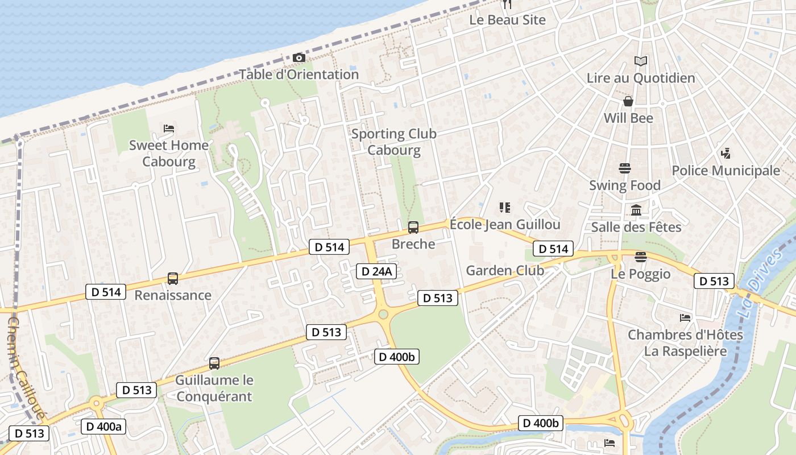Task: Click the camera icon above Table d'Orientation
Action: pyautogui.click(x=298, y=57)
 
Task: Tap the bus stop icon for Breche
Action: pyautogui.click(x=413, y=227)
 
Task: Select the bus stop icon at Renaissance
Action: pyautogui.click(x=173, y=279)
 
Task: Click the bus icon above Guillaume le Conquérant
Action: pyautogui.click(x=214, y=363)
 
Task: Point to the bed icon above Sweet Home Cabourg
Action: pyautogui.click(x=169, y=129)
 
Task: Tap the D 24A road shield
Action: pyautogui.click(x=376, y=271)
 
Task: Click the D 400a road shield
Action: pyautogui.click(x=103, y=427)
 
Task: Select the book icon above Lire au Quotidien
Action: pyautogui.click(x=641, y=61)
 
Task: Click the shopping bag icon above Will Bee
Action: pyautogui.click(x=628, y=101)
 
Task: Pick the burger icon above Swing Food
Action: pyautogui.click(x=625, y=168)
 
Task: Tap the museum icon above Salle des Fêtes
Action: pyautogui.click(x=636, y=210)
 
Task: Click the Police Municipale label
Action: pyautogui.click(x=725, y=171)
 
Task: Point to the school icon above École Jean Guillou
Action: pyautogui.click(x=505, y=208)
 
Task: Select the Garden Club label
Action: pyautogui.click(x=505, y=271)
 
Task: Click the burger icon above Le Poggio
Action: pyautogui.click(x=641, y=257)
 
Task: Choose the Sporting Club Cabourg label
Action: pyautogui.click(x=393, y=142)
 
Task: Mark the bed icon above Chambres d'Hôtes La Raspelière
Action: pyautogui.click(x=685, y=318)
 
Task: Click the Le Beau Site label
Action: pyautogui.click(x=507, y=20)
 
